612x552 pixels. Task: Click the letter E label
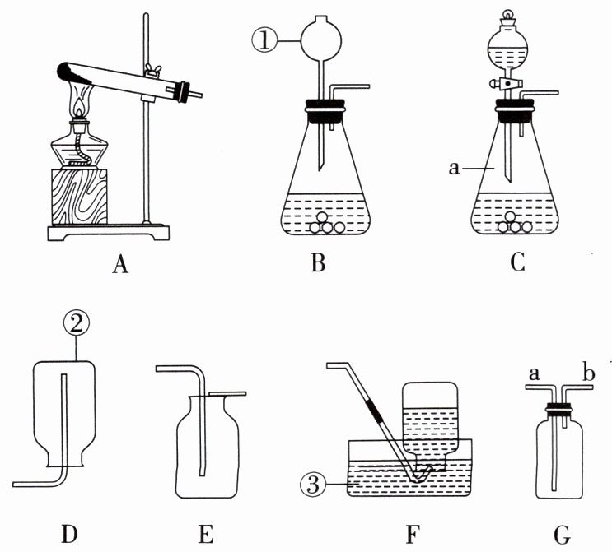[206, 534]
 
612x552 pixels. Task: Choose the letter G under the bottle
[563, 535]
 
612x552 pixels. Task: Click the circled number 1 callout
[267, 39]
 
